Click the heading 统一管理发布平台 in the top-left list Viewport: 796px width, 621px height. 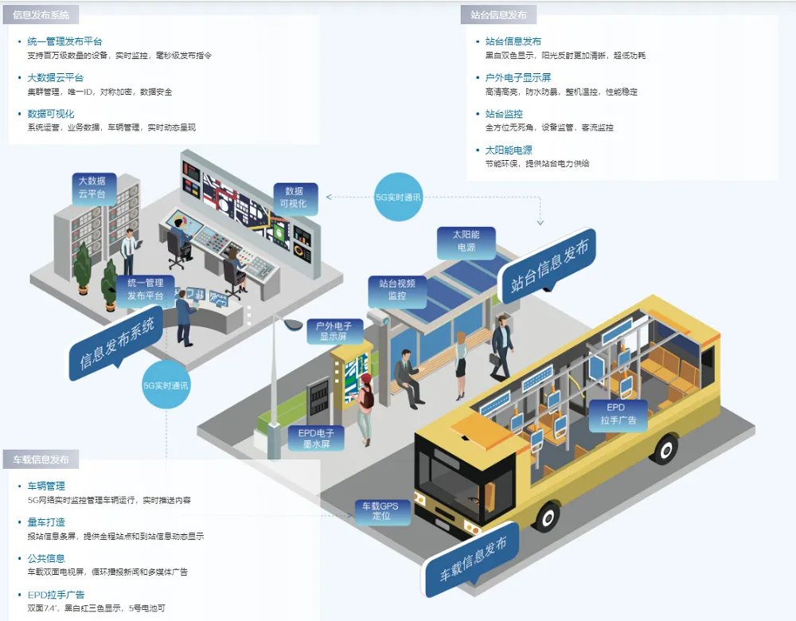64,41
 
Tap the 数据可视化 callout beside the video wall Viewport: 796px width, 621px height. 295,198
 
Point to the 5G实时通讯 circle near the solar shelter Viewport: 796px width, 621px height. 398,197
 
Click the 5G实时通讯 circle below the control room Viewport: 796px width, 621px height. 166,385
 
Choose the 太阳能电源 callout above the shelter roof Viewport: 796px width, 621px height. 466,242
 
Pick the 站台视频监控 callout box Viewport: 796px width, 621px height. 397,291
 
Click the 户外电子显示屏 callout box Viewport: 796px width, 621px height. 334,331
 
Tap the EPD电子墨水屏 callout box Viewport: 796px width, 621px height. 316,438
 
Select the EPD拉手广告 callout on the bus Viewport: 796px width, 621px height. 618,414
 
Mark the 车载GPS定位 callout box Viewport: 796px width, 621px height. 380,511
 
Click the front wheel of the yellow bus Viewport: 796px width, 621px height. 548,517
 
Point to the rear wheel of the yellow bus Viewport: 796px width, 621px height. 664,449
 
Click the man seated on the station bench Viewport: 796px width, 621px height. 408,378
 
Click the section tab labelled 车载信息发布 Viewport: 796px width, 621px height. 41,459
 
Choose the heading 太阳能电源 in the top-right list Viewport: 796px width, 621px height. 509,150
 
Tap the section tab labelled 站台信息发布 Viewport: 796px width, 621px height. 498,14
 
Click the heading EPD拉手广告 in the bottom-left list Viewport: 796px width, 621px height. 56,595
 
